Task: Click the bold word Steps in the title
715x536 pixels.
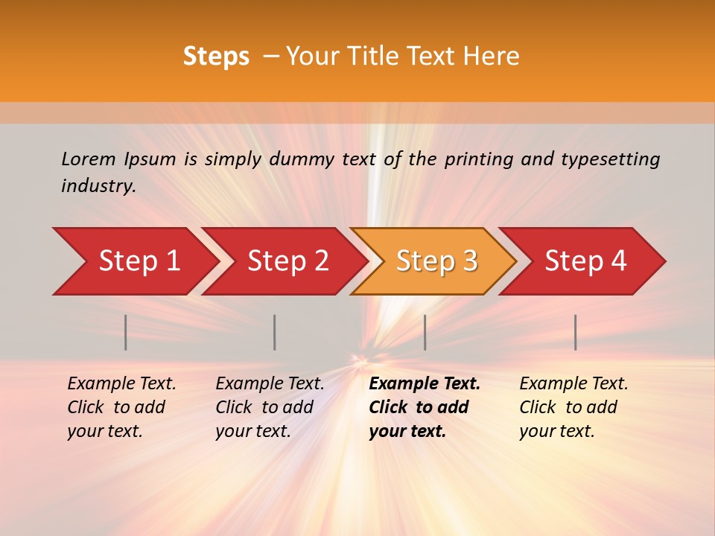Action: pyautogui.click(x=216, y=57)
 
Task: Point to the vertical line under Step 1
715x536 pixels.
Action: pyautogui.click(x=126, y=332)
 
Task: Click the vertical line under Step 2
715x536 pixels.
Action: pyautogui.click(x=275, y=332)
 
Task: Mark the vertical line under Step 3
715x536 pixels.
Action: pyautogui.click(x=425, y=332)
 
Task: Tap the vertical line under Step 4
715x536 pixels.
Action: pyautogui.click(x=576, y=332)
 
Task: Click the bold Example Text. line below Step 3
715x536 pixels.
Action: pyautogui.click(x=425, y=384)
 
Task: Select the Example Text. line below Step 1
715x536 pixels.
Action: pyautogui.click(x=121, y=384)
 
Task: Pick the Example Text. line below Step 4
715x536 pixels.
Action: pyautogui.click(x=573, y=384)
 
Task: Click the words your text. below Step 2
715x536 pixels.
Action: pyautogui.click(x=253, y=431)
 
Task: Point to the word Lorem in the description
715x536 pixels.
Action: pyautogui.click(x=89, y=159)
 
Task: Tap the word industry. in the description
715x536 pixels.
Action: pyautogui.click(x=98, y=186)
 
